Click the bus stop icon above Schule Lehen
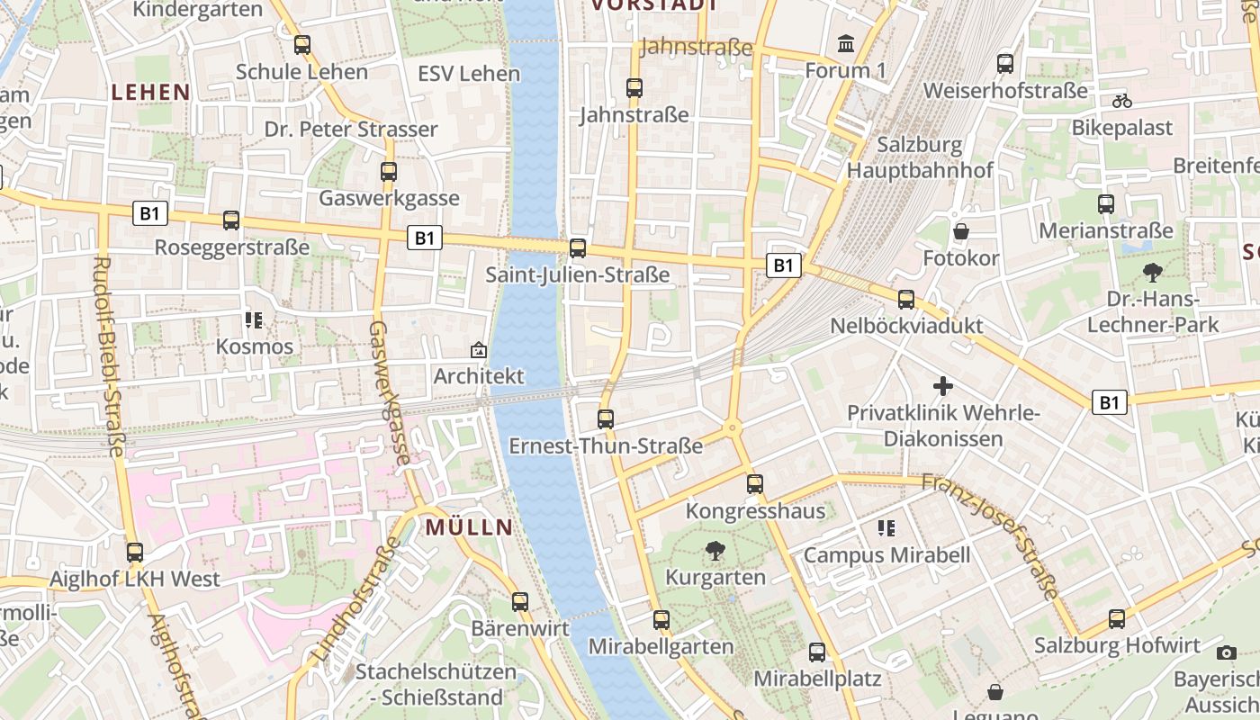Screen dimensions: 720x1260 302,44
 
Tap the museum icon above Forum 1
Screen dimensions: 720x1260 846,43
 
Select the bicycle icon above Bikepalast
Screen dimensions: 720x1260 1121,101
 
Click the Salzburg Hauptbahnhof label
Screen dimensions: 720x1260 920,157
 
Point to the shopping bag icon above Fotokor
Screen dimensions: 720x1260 961,231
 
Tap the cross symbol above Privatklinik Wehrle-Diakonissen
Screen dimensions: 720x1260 943,386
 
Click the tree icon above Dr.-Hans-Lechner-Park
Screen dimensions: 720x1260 1152,272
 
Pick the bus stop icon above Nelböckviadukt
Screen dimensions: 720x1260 906,299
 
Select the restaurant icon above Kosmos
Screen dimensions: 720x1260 254,319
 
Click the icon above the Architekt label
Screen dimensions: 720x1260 479,349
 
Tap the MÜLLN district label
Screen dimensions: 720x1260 469,527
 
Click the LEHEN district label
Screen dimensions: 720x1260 150,92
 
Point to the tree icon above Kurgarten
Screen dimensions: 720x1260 715,550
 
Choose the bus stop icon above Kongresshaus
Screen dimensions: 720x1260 755,484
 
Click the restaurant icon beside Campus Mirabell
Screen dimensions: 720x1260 886,528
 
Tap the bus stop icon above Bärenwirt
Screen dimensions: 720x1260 520,602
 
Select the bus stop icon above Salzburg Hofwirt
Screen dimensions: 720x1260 1117,618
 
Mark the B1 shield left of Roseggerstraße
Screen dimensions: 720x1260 149,213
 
